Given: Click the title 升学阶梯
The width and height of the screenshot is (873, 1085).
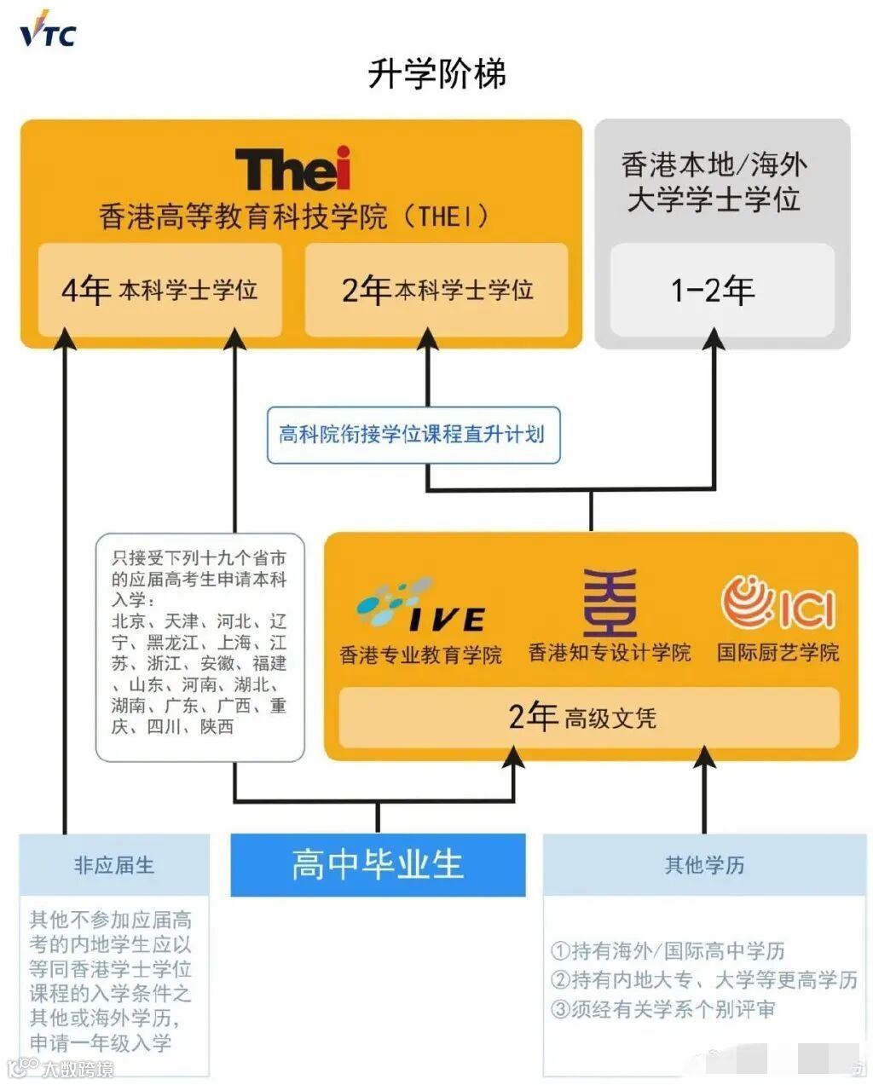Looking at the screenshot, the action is (x=436, y=73).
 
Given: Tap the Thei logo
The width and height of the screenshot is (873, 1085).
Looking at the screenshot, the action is (x=292, y=169).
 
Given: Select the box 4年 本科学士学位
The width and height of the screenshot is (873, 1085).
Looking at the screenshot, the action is (x=159, y=290).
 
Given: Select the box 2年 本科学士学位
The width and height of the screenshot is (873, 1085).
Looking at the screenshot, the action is (x=436, y=290).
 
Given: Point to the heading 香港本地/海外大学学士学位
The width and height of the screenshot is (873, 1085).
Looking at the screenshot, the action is (x=714, y=182).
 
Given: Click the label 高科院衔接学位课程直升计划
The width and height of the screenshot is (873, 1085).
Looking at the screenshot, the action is (x=413, y=435).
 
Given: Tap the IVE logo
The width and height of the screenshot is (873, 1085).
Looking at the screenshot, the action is (x=420, y=607).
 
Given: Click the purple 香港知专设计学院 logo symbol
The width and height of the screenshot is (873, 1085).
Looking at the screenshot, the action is (x=609, y=603).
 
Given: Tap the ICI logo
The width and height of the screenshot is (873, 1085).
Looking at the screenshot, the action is (x=778, y=603).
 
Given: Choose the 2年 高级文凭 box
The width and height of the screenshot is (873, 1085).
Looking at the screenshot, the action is (x=588, y=717).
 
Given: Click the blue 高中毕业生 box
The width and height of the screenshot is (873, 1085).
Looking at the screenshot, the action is (x=378, y=865).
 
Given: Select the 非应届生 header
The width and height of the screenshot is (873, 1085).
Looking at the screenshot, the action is (x=114, y=865).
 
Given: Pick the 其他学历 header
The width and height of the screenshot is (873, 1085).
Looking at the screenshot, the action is (x=704, y=865).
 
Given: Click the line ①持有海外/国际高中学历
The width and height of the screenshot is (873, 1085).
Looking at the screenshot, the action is (x=668, y=950).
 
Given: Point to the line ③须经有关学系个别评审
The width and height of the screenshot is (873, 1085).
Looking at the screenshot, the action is (x=663, y=1009).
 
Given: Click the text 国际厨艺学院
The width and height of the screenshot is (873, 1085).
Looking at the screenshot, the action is (x=778, y=653).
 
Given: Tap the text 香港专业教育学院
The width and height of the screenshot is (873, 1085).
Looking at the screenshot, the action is (x=420, y=655).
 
